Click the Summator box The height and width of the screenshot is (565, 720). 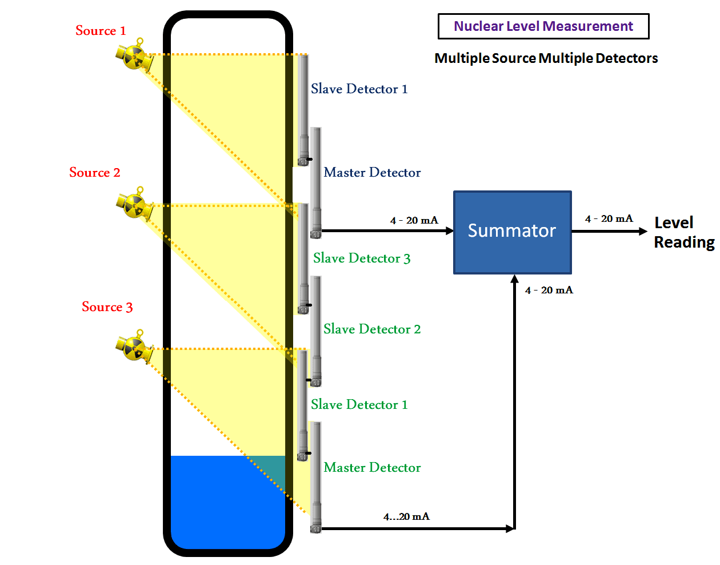click(x=512, y=232)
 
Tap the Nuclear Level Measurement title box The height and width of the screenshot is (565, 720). click(x=543, y=26)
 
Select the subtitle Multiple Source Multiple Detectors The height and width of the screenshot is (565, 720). click(x=546, y=58)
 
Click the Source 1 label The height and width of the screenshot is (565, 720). click(x=101, y=31)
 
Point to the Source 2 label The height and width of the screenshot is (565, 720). click(x=95, y=173)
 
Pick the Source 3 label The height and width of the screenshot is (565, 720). click(x=107, y=307)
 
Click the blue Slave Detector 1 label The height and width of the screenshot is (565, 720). click(x=359, y=89)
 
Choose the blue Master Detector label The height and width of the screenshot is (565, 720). click(x=372, y=173)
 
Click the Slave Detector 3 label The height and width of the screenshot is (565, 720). click(x=362, y=258)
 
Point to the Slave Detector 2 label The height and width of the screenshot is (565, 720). click(x=372, y=329)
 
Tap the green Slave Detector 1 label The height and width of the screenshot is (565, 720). click(x=359, y=405)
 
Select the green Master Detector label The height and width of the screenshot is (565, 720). click(x=372, y=468)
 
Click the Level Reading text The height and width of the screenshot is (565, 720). click(x=683, y=232)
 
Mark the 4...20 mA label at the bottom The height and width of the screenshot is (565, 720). click(x=406, y=517)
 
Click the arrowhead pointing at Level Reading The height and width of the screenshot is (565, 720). click(x=643, y=232)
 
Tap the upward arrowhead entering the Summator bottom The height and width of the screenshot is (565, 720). click(x=515, y=278)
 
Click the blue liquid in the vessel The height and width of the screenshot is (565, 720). click(x=223, y=503)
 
